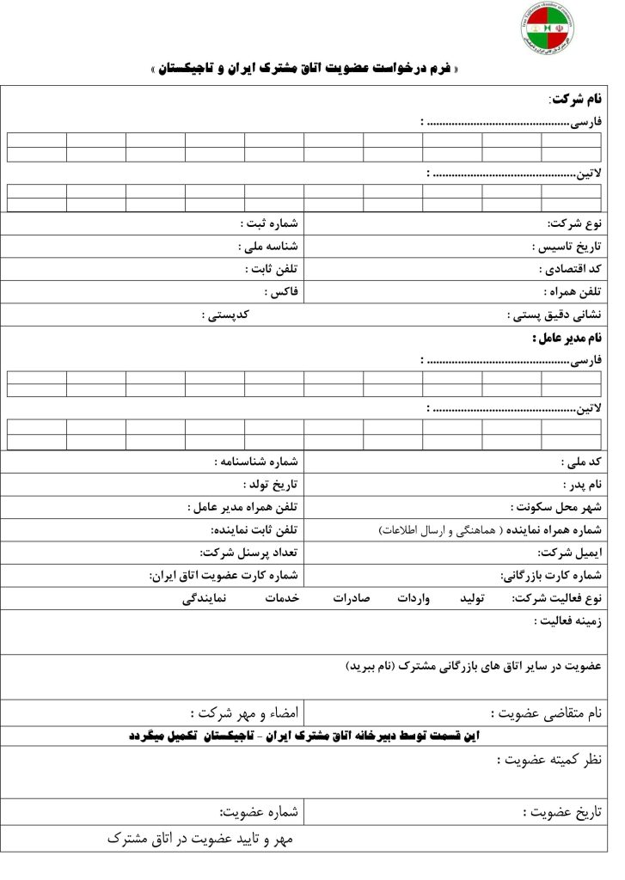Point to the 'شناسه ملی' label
268,247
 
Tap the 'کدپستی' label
226,315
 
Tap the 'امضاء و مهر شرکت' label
244,712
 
